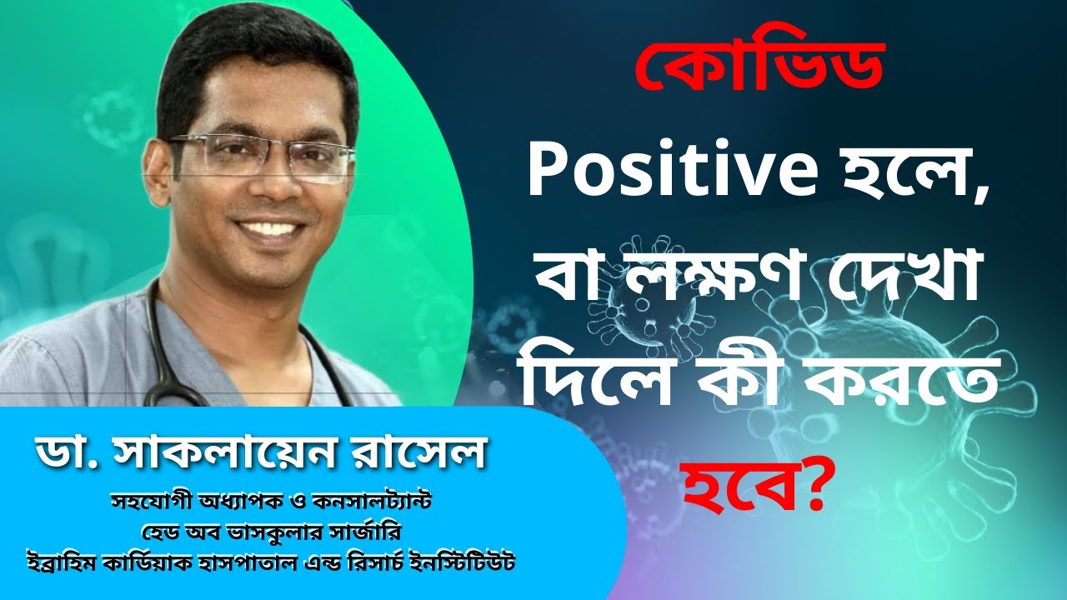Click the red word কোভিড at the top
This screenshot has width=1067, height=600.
tap(759, 67)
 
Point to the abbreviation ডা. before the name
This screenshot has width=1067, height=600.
tap(66, 452)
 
